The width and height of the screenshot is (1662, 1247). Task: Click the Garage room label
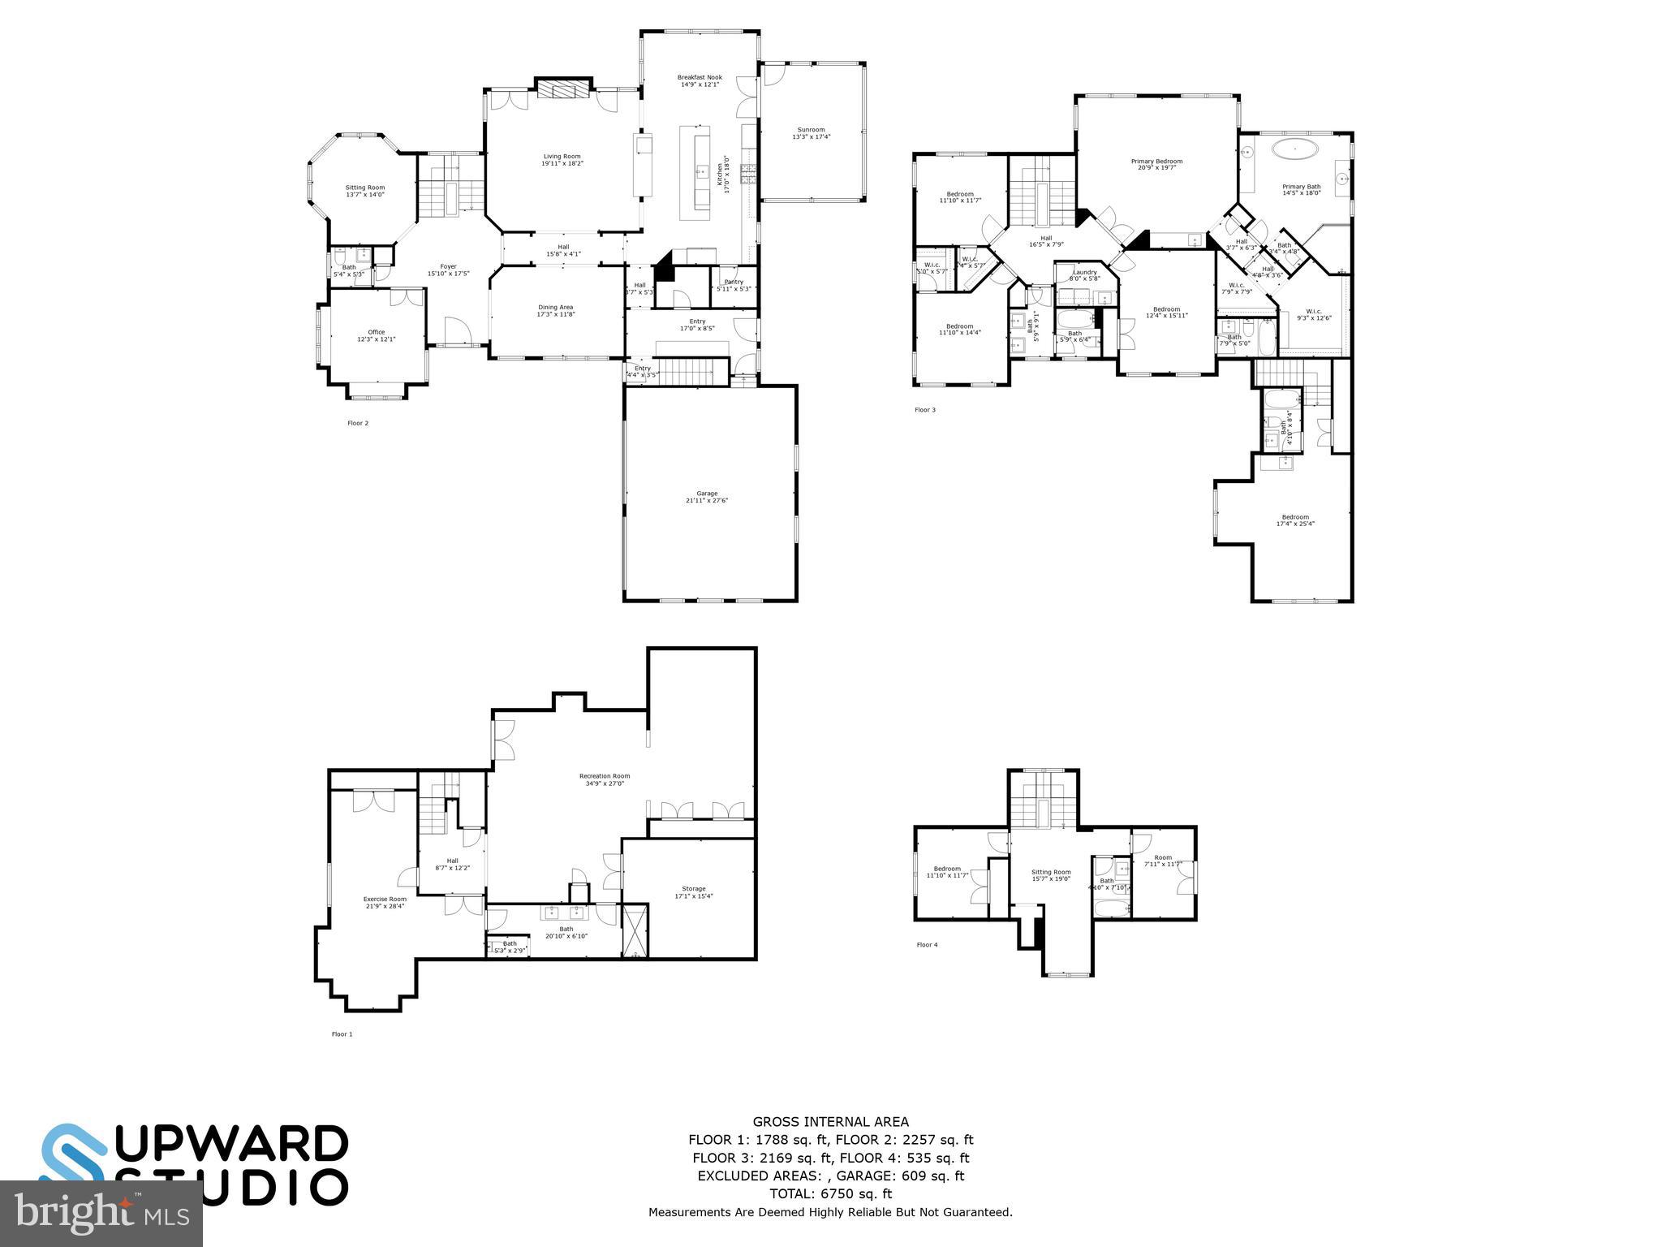[x=707, y=497]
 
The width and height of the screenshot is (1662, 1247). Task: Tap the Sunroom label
[x=811, y=133]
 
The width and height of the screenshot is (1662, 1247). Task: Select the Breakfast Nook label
[x=700, y=80]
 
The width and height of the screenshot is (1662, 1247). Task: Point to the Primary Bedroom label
[x=1156, y=164]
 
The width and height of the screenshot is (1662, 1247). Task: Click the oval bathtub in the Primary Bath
[x=1294, y=149]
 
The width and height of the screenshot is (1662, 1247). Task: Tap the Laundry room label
[x=1084, y=275]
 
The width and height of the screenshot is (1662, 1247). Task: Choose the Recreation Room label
[x=605, y=779]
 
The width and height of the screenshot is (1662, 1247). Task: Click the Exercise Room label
[x=385, y=902]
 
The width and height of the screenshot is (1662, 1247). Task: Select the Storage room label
[x=693, y=891]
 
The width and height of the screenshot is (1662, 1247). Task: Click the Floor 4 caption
[x=926, y=945]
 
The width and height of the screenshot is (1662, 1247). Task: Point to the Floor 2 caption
[x=358, y=423]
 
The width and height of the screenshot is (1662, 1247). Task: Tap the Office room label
[x=376, y=335]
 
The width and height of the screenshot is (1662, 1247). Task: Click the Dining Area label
[x=555, y=310]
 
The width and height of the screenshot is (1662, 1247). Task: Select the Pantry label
[x=733, y=285]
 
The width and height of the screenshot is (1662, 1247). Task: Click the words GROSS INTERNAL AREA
[x=830, y=1122]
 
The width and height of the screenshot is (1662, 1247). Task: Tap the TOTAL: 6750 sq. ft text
[x=830, y=1193]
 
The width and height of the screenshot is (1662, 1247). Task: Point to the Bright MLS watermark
[x=101, y=1213]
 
